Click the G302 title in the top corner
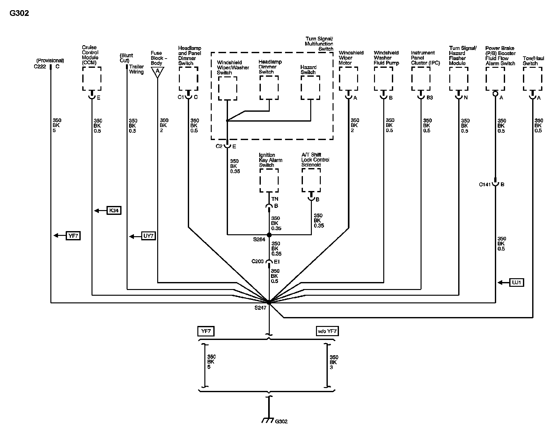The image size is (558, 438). click(x=19, y=13)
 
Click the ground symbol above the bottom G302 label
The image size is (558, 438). click(x=269, y=420)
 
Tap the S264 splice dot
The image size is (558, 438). click(x=269, y=235)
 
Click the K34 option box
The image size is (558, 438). click(x=114, y=210)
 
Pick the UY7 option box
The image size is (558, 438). click(x=149, y=236)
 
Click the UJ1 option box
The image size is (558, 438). click(x=517, y=282)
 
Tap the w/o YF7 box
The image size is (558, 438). click(x=327, y=331)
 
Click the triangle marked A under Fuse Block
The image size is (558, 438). click(x=158, y=72)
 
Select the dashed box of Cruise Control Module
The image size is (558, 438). click(x=92, y=79)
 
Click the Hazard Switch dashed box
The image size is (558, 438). click(x=310, y=88)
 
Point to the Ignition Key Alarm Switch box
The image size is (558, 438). click(x=269, y=180)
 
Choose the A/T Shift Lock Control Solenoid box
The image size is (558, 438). click(x=311, y=180)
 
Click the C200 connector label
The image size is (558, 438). click(x=258, y=261)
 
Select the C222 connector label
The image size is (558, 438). click(x=40, y=67)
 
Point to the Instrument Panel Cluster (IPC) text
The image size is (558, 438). click(x=425, y=58)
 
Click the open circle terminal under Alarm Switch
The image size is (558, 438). click(x=495, y=94)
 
